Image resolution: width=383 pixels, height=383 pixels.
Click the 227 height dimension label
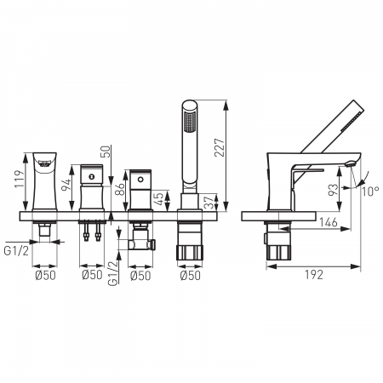pos(220,147)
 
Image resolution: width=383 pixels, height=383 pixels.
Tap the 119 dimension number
pos(20,179)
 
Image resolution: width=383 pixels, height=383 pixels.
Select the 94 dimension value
pos(66,185)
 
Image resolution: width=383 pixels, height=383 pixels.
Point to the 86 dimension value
pos(120,190)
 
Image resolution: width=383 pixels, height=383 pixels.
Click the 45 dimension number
pos(159,199)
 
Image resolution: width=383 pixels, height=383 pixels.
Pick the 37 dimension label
pos(210,202)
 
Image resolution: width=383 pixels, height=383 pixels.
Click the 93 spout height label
pos(333,190)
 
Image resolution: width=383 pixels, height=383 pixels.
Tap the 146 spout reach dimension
pos(329,222)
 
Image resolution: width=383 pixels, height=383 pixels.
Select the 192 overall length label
pos(314,275)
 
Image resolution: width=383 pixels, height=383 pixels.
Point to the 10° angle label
pos(370,191)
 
